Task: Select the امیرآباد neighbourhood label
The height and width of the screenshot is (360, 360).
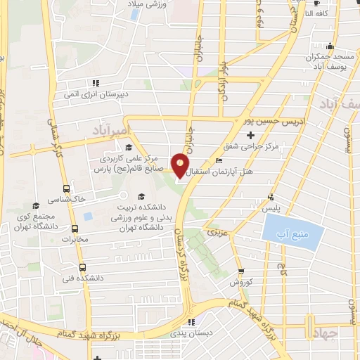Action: (x=112, y=130)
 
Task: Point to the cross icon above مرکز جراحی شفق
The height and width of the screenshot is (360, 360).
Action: (x=251, y=134)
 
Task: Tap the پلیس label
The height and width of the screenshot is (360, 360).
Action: (x=271, y=208)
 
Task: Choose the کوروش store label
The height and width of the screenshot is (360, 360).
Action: (x=240, y=282)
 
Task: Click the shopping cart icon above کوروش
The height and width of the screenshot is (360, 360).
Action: (x=241, y=271)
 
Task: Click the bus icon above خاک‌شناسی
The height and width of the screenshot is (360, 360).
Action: (x=67, y=188)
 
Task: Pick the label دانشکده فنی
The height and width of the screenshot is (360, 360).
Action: (x=82, y=278)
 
